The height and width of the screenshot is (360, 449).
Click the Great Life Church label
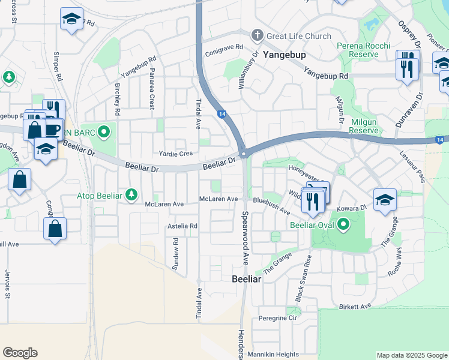point(298,36)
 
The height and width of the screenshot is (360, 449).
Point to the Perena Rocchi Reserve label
point(363,50)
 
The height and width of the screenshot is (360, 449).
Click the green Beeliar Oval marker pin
point(343,225)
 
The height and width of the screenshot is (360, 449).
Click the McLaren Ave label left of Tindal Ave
point(164,204)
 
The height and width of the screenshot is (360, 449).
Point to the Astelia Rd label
point(182,226)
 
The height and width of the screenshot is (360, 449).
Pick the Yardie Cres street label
point(175,154)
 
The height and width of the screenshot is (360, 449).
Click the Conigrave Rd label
point(223,47)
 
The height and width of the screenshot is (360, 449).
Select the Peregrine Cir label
point(277,317)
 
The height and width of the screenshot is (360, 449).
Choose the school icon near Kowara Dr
point(385,200)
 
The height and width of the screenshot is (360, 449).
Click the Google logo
point(20,353)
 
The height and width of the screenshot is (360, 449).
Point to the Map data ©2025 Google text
point(411,355)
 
